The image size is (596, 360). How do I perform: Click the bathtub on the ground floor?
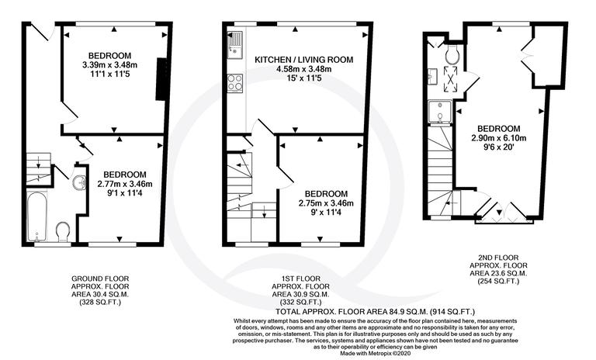point(36,215)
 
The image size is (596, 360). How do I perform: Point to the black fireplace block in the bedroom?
point(161,79)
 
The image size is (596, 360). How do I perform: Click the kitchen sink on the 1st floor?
point(235,42)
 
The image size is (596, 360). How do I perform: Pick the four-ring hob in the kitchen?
point(235,81)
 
